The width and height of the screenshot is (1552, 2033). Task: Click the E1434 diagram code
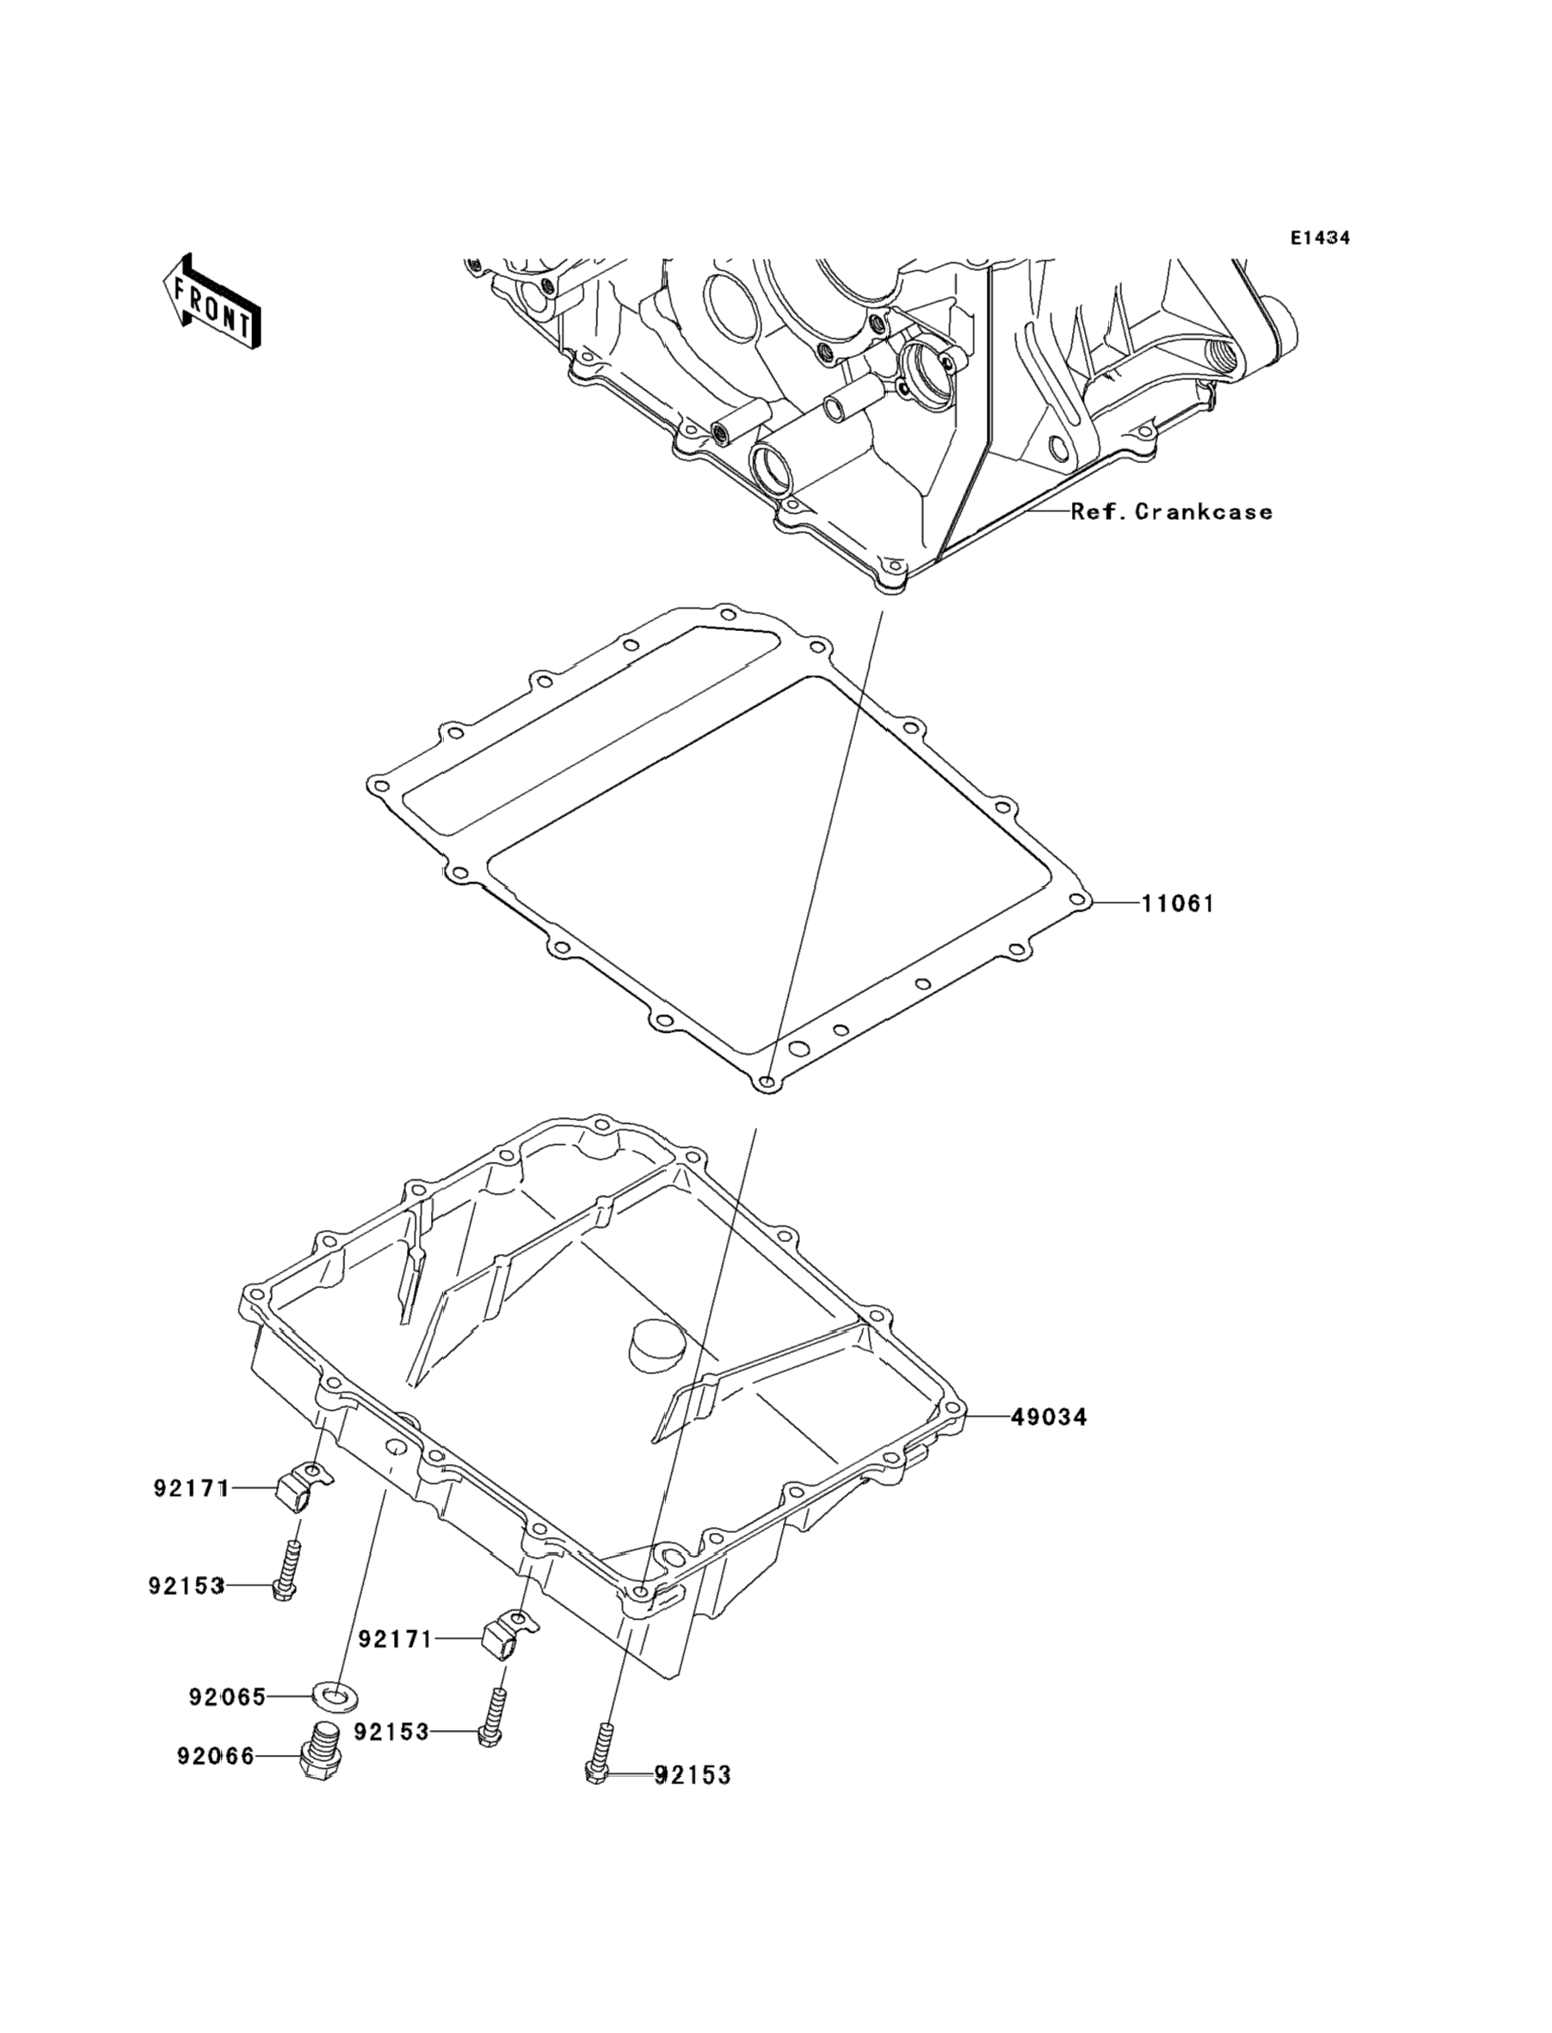point(1320,238)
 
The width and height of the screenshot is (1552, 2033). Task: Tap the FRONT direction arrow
point(211,302)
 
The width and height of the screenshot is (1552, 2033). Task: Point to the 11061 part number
point(1178,904)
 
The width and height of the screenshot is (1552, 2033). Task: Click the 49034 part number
point(1049,1417)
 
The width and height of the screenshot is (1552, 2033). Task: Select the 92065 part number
point(227,1697)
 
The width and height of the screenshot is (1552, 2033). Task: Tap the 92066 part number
point(215,1757)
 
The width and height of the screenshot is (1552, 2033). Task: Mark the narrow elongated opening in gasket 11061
point(591,712)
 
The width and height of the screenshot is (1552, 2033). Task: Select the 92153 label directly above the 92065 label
point(186,1586)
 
